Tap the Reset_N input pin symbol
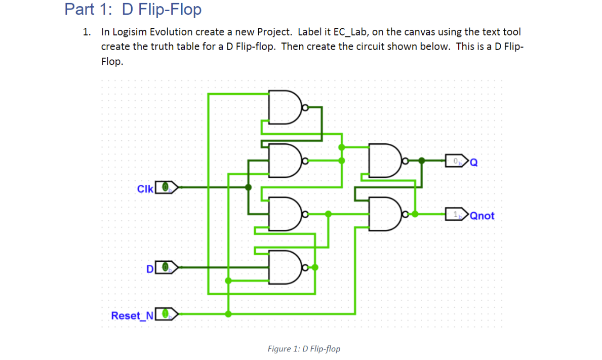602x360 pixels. [x=166, y=315]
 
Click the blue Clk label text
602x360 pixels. [x=145, y=188]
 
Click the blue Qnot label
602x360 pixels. [x=483, y=216]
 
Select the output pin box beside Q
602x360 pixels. [x=457, y=162]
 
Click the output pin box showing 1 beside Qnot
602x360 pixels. [x=457, y=215]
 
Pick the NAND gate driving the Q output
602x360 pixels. [x=384, y=162]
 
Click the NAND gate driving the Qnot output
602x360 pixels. [x=384, y=214]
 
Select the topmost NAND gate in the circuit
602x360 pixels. [x=284, y=107]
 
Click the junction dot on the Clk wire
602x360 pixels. [x=248, y=187]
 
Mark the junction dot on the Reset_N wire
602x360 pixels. [x=229, y=314]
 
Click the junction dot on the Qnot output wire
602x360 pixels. [x=415, y=214]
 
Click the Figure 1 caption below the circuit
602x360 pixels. [x=304, y=349]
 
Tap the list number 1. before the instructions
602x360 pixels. [x=87, y=32]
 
